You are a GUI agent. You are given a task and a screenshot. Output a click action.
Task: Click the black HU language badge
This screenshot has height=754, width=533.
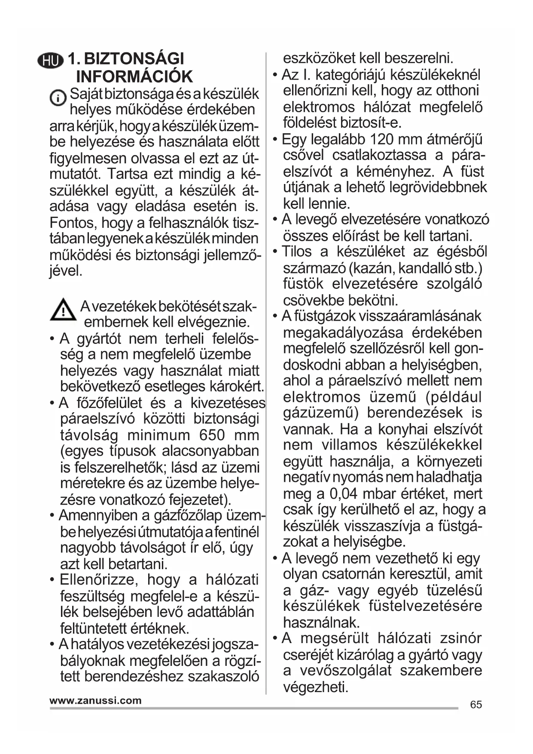50,61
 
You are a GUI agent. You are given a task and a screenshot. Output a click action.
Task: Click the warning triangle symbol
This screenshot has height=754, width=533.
63,310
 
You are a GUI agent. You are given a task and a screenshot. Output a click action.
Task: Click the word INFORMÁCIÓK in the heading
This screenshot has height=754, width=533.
134,77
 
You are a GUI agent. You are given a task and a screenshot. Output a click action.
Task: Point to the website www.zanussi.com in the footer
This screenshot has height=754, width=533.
95,701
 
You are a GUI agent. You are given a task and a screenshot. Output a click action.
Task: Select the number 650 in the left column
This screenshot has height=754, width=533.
212,435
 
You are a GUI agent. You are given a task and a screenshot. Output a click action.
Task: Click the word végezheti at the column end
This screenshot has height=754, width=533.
315,687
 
